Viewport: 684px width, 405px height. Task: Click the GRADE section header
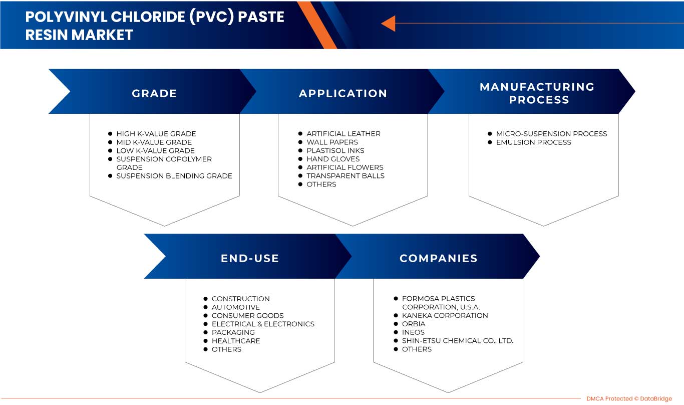154,93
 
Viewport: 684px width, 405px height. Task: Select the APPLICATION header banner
343,93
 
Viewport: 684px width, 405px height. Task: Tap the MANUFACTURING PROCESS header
537,93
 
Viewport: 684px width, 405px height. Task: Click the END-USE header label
250,258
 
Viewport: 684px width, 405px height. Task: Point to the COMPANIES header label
438,258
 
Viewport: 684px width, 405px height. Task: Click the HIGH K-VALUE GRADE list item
156,134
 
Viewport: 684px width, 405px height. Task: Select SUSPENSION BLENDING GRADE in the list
174,176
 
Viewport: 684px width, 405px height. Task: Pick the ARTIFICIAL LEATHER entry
343,134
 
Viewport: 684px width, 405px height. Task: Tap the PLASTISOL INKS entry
335,150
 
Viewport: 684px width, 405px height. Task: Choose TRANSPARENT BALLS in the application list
346,176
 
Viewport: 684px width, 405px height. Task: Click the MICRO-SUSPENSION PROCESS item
551,134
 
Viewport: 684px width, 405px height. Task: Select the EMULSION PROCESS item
533,142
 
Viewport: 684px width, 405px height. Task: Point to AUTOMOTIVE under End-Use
235,307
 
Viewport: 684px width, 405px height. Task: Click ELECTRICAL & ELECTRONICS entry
263,324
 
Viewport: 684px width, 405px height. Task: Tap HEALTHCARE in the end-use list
235,341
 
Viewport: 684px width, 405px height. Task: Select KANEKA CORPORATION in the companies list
445,315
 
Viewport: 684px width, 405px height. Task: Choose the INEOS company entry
413,332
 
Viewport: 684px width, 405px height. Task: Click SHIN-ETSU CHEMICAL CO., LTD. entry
457,341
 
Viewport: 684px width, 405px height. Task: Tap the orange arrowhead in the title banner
388,23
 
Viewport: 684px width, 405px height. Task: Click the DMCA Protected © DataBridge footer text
629,399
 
